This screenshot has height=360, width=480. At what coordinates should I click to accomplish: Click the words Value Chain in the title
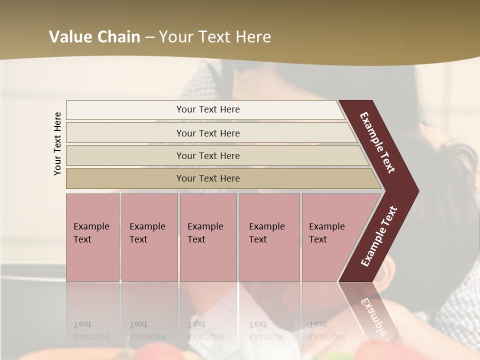[x=94, y=37]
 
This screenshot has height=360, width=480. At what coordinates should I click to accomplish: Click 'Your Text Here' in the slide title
[x=215, y=37]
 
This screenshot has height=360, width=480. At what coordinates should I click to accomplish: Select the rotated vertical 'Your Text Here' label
[x=57, y=143]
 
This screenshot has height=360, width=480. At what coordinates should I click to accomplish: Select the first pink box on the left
[x=92, y=237]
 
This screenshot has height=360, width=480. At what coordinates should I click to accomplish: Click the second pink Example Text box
[x=149, y=237]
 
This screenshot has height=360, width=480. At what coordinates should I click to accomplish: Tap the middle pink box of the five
[x=208, y=237]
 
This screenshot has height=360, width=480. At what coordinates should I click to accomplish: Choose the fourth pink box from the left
[x=269, y=237]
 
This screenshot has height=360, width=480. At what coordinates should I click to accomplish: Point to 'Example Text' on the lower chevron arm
[x=379, y=236]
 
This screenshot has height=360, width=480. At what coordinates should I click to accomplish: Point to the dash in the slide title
[x=149, y=37]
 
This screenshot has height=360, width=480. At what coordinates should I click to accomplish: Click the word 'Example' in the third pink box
[x=205, y=226]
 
